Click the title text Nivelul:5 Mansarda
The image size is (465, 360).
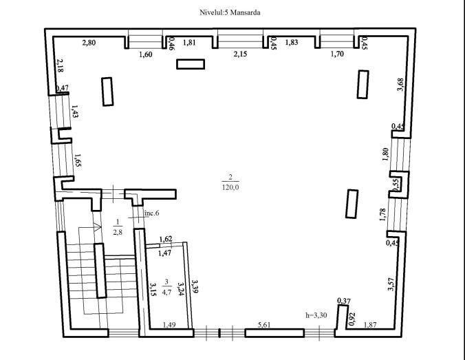point(230,12)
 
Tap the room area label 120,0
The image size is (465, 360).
point(230,187)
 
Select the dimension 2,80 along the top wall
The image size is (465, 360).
point(89,43)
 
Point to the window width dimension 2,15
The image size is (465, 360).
point(240,54)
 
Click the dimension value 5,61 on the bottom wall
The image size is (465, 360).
point(264,325)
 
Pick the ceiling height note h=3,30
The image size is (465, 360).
point(316,315)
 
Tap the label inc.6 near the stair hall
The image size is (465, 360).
point(151,213)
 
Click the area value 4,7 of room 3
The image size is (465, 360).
point(166,292)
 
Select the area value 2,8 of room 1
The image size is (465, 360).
point(118,232)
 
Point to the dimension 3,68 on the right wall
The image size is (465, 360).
point(400,85)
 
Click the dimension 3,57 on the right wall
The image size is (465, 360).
point(391,284)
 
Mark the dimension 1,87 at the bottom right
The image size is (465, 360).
point(370,325)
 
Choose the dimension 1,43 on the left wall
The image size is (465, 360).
point(74,112)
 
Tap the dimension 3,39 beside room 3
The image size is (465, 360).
point(195,286)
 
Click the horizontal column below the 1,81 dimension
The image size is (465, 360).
point(191,64)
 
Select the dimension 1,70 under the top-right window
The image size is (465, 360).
point(337,54)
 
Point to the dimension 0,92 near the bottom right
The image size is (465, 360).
point(352,319)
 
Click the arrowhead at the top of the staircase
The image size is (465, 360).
point(97,226)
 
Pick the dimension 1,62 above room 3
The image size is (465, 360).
point(166,239)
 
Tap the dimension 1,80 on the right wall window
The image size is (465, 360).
point(385,154)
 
